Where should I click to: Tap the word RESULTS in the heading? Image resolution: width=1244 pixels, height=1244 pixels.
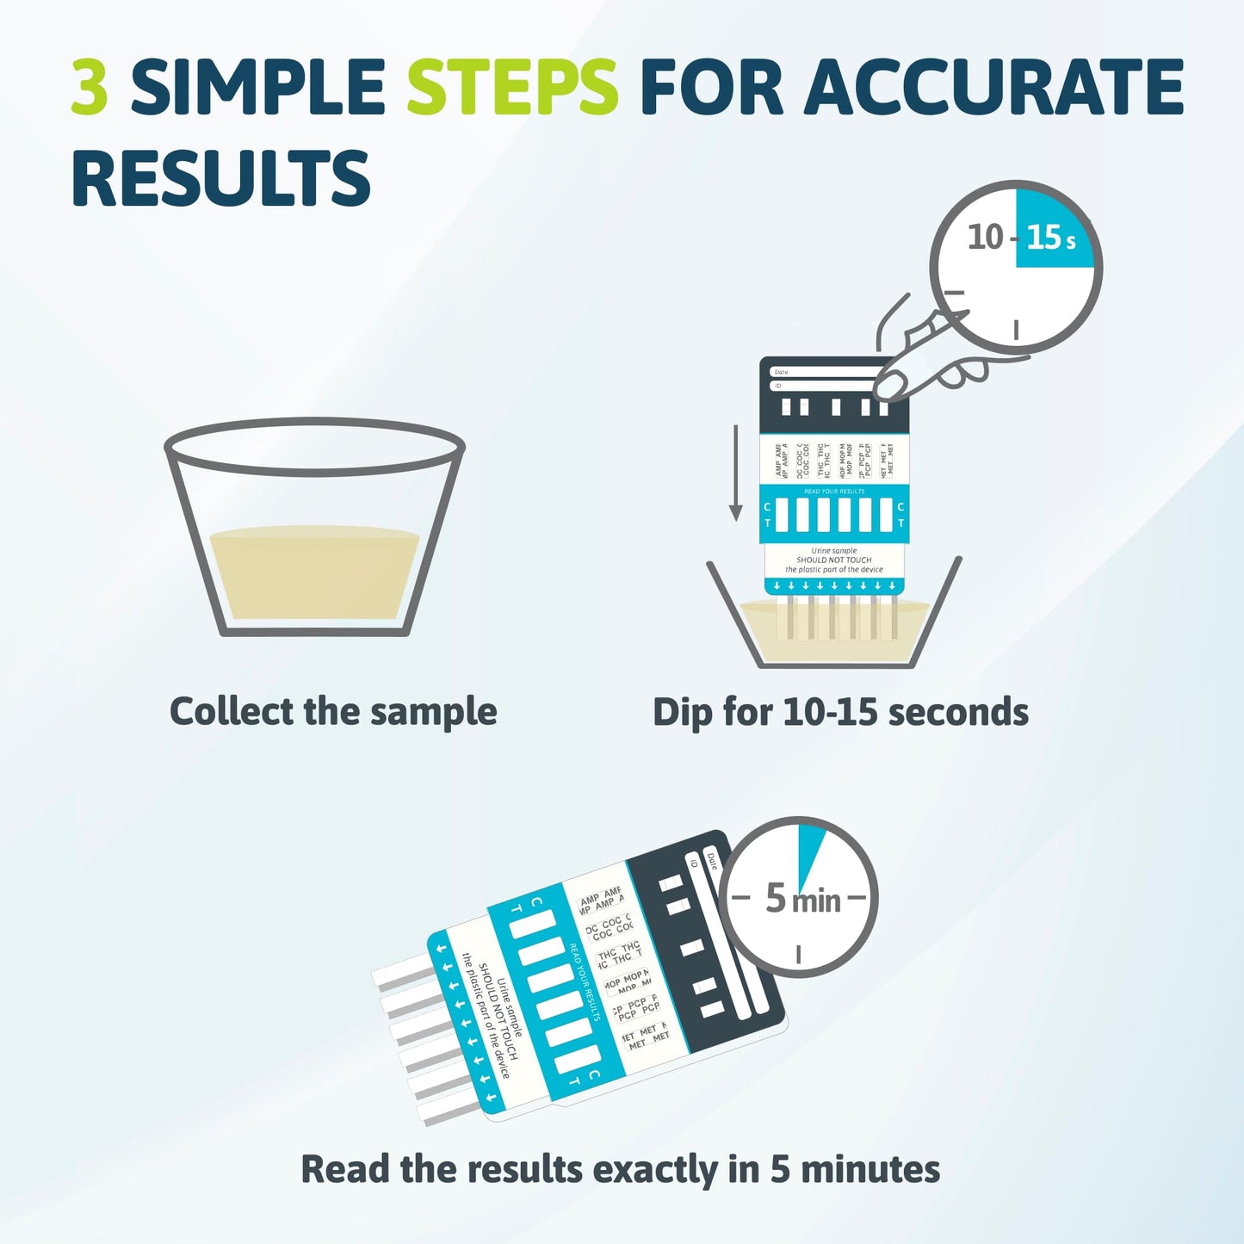pyautogui.click(x=220, y=178)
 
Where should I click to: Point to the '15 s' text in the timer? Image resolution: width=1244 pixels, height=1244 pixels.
pyautogui.click(x=1050, y=237)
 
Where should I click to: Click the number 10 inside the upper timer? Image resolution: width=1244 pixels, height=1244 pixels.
pyautogui.click(x=986, y=237)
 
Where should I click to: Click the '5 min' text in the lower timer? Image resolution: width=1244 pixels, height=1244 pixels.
pyautogui.click(x=802, y=899)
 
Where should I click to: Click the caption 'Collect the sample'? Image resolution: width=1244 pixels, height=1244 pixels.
pyautogui.click(x=333, y=712)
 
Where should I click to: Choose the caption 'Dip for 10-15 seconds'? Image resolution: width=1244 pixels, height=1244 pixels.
pyautogui.click(x=840, y=712)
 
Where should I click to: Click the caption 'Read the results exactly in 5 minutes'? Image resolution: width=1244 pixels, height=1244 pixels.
pyautogui.click(x=620, y=1169)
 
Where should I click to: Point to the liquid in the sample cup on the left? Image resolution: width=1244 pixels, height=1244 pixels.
pyautogui.click(x=314, y=572)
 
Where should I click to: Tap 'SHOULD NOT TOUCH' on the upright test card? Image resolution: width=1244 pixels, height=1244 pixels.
pyautogui.click(x=833, y=560)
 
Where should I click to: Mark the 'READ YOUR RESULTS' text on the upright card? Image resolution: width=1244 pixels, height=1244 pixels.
pyautogui.click(x=833, y=492)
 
